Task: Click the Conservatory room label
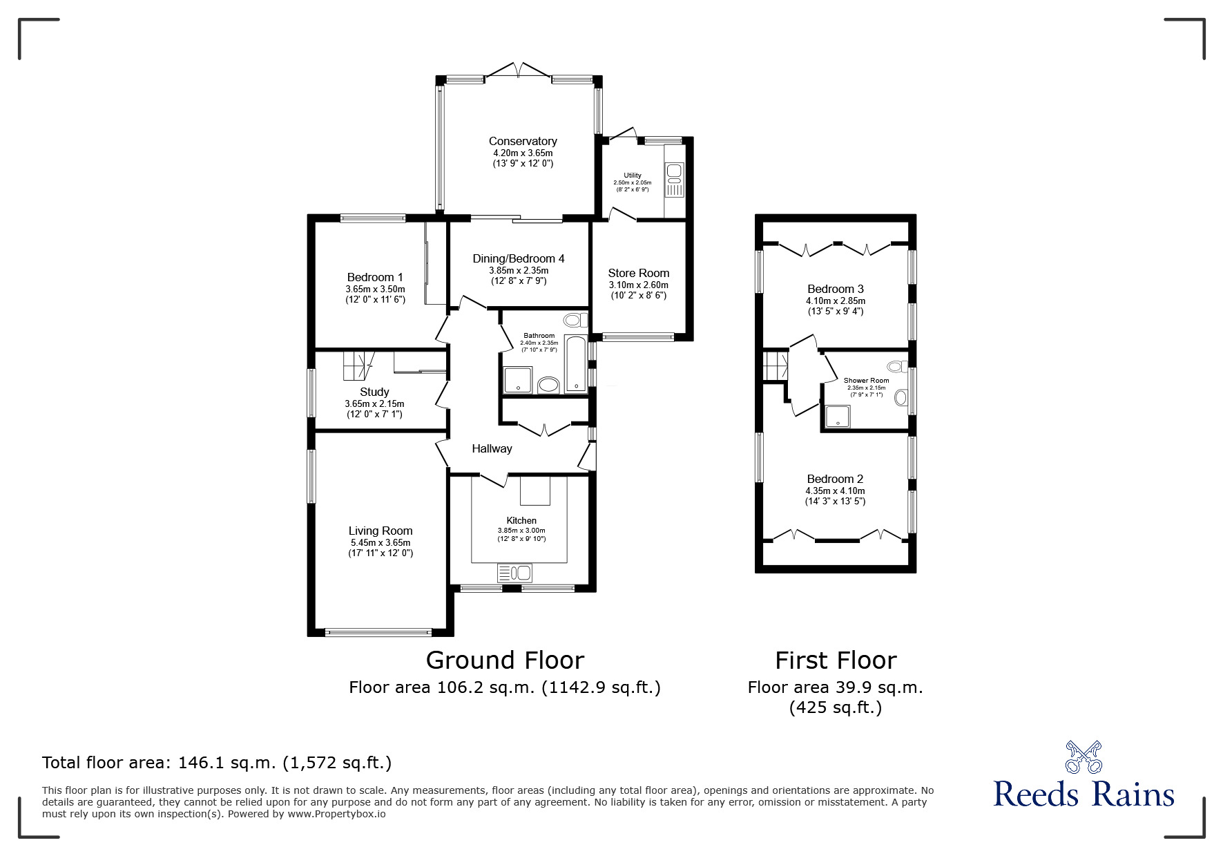522,141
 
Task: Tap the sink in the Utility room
674,171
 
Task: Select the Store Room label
638,273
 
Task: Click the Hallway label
492,448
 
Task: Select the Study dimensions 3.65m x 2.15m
374,403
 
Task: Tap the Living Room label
381,531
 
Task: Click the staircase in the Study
358,365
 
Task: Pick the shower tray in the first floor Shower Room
840,417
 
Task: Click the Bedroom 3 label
835,289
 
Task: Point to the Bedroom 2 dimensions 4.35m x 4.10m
835,491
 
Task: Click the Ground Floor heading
505,660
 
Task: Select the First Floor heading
835,660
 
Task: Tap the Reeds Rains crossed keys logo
1084,757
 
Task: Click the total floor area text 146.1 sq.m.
217,763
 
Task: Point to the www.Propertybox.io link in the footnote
336,814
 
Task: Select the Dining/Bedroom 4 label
518,258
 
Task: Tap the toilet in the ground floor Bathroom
573,320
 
